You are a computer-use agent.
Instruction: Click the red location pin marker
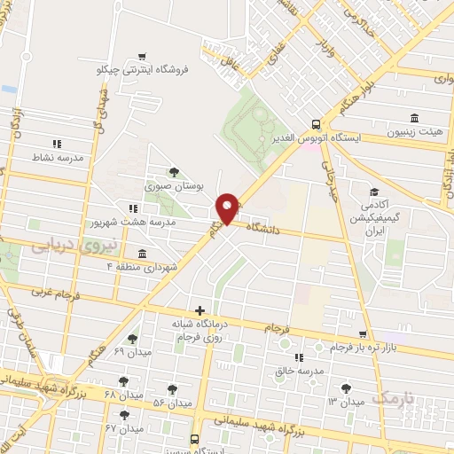(x=227, y=208)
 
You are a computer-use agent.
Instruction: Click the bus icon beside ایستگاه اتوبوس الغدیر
(x=317, y=124)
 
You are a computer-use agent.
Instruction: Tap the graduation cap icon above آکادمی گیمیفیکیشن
(x=374, y=191)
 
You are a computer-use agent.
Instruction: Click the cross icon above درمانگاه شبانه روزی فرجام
(x=200, y=310)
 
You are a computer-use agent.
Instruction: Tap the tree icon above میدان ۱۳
(x=345, y=387)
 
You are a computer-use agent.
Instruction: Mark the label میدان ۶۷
(x=124, y=428)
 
